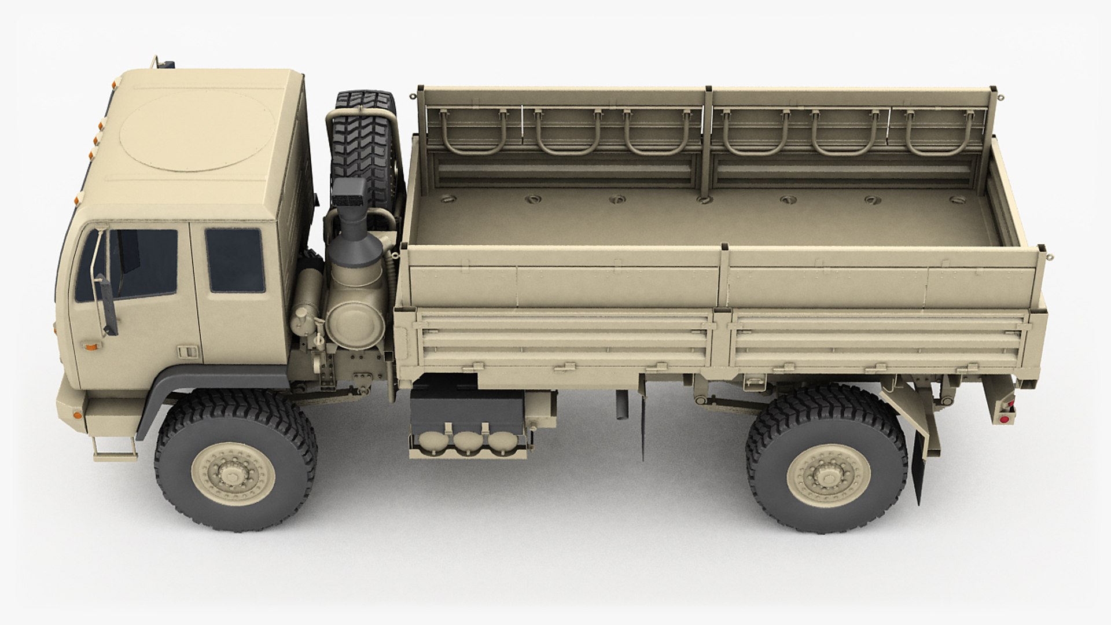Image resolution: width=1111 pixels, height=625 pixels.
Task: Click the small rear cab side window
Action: pyautogui.click(x=235, y=260)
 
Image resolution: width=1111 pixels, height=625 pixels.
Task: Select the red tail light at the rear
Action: pyautogui.click(x=1005, y=418)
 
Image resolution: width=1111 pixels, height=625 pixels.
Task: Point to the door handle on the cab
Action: pyautogui.click(x=186, y=352)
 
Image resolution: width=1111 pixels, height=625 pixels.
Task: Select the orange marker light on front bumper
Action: pyautogui.click(x=78, y=414)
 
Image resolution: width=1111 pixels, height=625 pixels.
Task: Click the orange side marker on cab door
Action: pyautogui.click(x=91, y=347)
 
